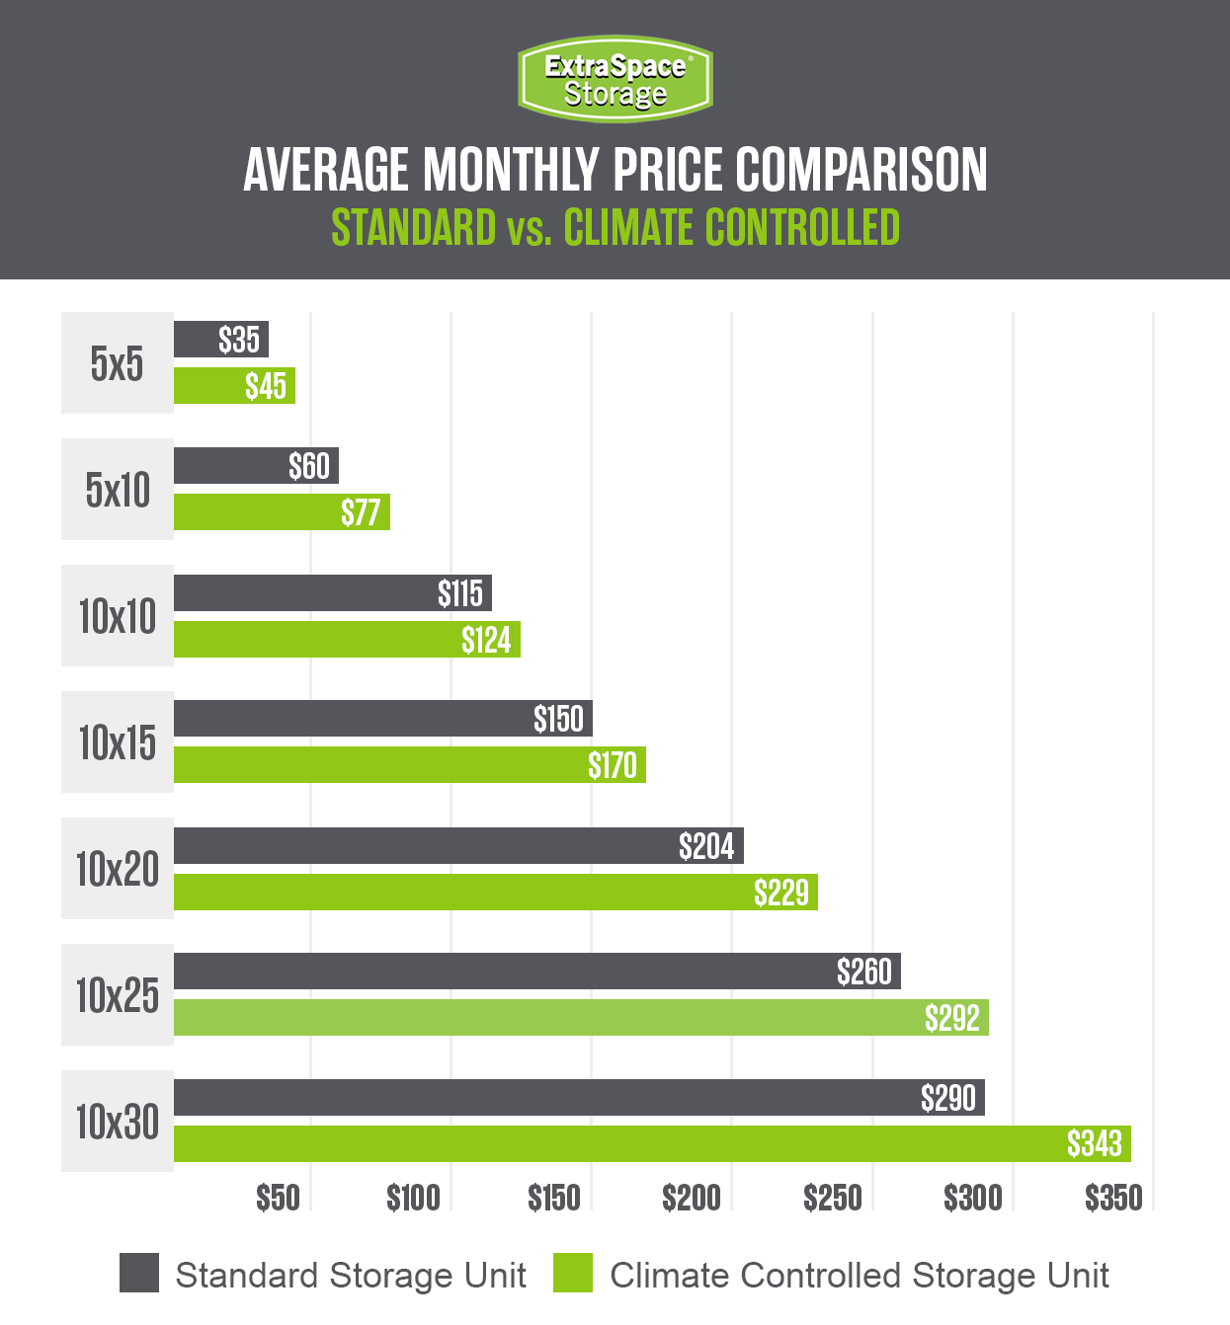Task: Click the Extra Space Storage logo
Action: (615, 79)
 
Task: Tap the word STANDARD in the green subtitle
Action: (413, 228)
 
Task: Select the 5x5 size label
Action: (117, 363)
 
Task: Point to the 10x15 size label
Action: (117, 742)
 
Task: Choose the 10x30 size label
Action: (117, 1122)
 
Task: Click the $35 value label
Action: (239, 340)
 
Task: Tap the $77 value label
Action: (361, 512)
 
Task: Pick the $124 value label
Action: (486, 640)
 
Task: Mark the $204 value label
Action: (706, 846)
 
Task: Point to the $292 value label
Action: (951, 1018)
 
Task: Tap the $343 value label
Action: (1095, 1144)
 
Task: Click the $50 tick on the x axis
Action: (278, 1199)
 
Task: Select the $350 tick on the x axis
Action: (1113, 1199)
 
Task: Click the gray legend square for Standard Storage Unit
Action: (139, 1274)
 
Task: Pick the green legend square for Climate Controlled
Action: (573, 1274)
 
